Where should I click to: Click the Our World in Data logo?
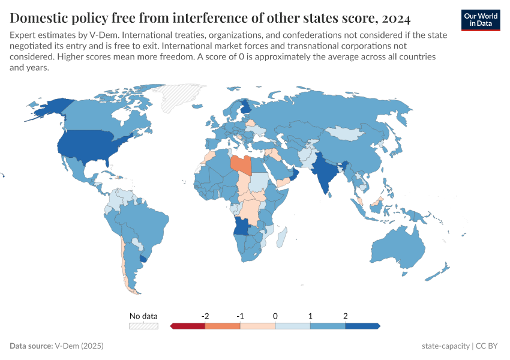pos(481,20)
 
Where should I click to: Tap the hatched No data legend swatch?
pos(143,326)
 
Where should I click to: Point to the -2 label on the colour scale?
pos(205,316)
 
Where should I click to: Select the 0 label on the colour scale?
pos(275,316)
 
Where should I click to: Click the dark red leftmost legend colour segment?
pos(188,326)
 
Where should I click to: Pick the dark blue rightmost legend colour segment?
pos(362,326)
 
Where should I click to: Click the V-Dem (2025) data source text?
pos(80,346)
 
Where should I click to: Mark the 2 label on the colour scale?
pos(345,316)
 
